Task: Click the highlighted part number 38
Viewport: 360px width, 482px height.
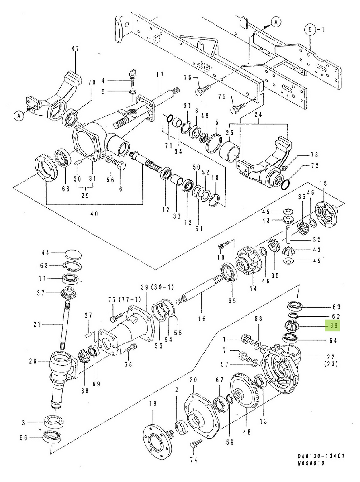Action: (333, 326)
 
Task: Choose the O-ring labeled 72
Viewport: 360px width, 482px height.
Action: (285, 184)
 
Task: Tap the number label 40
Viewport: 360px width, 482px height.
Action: (94, 214)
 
